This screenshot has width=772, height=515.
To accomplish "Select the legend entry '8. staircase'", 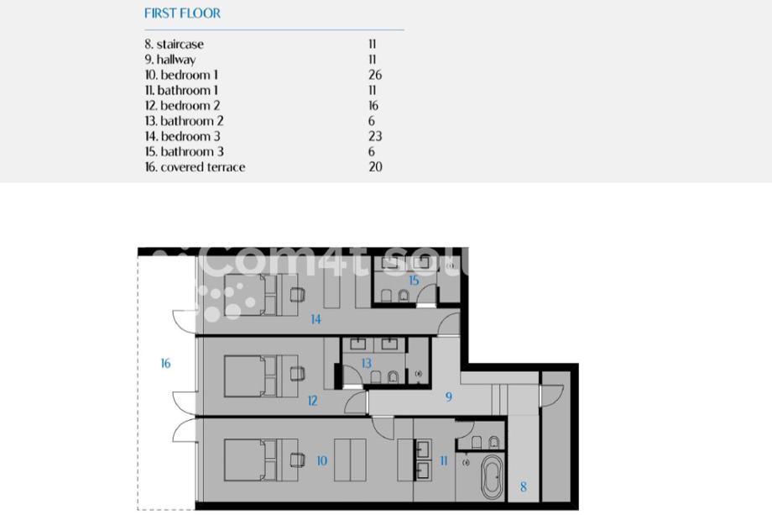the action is click(174, 44).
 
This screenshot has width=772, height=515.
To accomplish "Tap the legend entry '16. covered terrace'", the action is click(195, 166).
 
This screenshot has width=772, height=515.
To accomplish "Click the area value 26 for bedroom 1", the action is click(375, 75).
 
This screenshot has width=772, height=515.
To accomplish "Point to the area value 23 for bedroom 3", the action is click(375, 136).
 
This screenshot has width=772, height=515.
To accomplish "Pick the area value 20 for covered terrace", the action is click(375, 166).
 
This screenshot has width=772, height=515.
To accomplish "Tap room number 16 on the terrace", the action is click(165, 363).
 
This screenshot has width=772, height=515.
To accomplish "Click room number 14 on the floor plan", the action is click(316, 319).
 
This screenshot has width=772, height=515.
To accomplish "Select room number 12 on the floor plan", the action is click(312, 401).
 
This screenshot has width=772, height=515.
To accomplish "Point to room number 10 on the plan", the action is click(321, 460).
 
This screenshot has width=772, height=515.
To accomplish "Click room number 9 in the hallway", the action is click(449, 397).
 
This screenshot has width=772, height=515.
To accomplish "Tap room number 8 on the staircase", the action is click(524, 486).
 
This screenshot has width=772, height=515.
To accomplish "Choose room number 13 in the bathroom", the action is click(367, 363).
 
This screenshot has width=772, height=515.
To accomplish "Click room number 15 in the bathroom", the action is click(414, 280).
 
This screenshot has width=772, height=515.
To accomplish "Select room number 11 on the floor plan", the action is click(442, 460).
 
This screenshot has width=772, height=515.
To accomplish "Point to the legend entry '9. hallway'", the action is click(170, 60).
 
